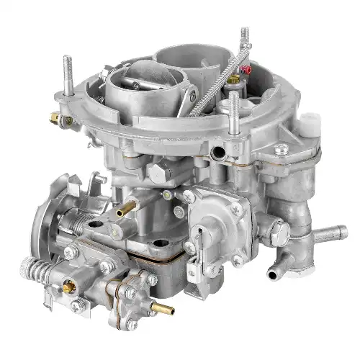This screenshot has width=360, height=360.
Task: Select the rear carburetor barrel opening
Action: point(180,54)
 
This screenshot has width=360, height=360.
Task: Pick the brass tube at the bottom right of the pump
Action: point(165,311)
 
